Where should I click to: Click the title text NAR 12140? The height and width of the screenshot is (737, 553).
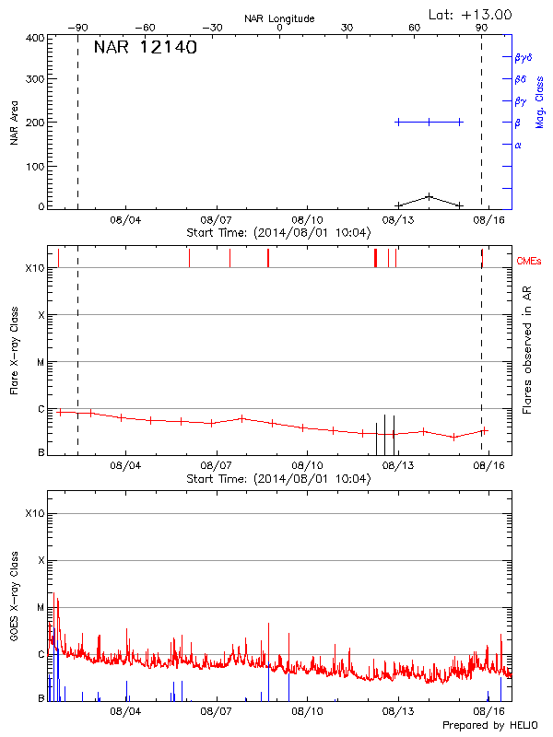(145, 48)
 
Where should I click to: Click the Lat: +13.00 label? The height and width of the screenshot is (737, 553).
(471, 14)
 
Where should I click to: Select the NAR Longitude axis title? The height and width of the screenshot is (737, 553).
(279, 18)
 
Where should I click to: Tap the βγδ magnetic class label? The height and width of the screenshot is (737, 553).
(524, 57)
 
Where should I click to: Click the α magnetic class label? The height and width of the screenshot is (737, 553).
(518, 145)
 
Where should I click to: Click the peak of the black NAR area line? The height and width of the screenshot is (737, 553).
(429, 196)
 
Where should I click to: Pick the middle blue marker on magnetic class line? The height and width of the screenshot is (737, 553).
(429, 122)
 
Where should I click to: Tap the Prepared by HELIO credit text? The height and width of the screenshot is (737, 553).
(488, 725)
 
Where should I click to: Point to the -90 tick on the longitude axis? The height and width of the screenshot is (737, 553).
(77, 29)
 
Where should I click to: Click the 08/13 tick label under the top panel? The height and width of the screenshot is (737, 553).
(398, 220)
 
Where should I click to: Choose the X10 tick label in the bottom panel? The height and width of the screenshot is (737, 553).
(34, 513)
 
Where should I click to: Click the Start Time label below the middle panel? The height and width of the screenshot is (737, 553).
(279, 478)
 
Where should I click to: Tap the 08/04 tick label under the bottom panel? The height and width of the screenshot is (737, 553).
(125, 711)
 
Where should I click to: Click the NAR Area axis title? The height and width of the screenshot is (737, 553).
(14, 123)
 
